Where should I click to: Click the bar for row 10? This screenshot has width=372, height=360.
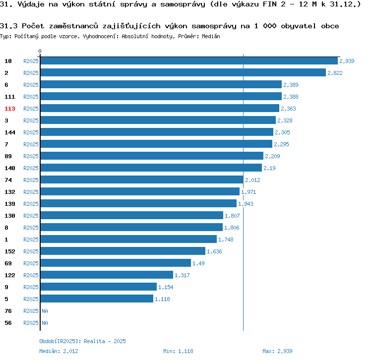(x=188, y=60)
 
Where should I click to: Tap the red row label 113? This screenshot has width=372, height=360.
(x=10, y=109)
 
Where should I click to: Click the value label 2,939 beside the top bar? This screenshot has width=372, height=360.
(x=347, y=61)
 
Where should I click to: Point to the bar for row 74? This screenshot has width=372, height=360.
(x=141, y=180)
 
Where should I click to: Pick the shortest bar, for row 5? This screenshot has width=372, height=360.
(x=97, y=299)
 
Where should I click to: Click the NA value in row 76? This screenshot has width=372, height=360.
(x=45, y=311)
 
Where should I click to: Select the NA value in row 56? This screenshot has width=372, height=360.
(x=45, y=323)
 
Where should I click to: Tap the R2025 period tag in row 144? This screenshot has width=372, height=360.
(x=31, y=132)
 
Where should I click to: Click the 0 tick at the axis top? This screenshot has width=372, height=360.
(x=40, y=52)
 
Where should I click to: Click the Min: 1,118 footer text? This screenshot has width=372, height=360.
(x=178, y=351)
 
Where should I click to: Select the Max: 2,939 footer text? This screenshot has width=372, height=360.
(x=277, y=351)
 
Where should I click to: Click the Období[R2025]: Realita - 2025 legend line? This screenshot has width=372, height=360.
(x=82, y=341)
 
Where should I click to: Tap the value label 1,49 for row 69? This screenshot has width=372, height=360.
(x=198, y=263)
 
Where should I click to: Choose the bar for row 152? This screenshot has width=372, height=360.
(x=123, y=251)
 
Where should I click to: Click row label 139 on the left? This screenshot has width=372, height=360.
(x=10, y=204)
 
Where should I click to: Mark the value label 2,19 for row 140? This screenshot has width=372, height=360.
(x=270, y=168)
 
